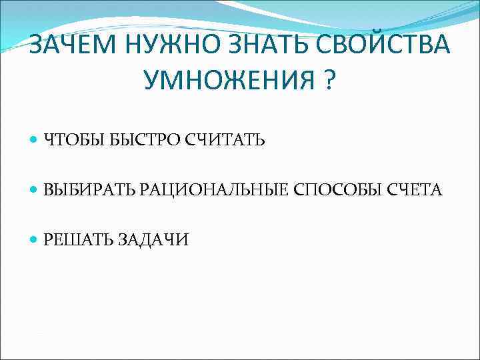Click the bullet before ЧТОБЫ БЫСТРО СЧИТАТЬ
(34, 140)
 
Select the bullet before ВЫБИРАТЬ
(34, 190)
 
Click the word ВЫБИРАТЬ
(90, 190)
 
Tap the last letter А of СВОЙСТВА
(440, 46)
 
